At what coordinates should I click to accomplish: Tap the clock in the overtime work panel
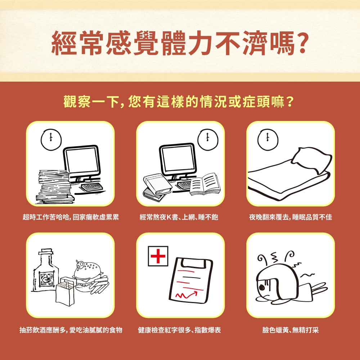click(51, 140)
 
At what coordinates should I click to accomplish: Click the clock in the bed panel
click(268, 140)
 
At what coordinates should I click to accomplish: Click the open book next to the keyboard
click(205, 184)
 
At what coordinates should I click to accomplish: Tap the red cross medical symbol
click(158, 256)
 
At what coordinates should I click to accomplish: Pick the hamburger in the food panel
click(88, 276)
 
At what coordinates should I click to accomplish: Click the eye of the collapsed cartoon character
click(261, 287)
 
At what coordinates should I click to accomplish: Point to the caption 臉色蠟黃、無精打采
click(291, 330)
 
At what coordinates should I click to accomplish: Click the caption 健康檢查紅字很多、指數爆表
click(179, 330)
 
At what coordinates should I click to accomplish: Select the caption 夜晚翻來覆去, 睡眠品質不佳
click(291, 217)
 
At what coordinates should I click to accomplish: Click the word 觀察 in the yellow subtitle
click(77, 101)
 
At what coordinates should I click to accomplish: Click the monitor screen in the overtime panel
click(81, 161)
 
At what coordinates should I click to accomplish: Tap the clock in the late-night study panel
click(208, 140)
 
